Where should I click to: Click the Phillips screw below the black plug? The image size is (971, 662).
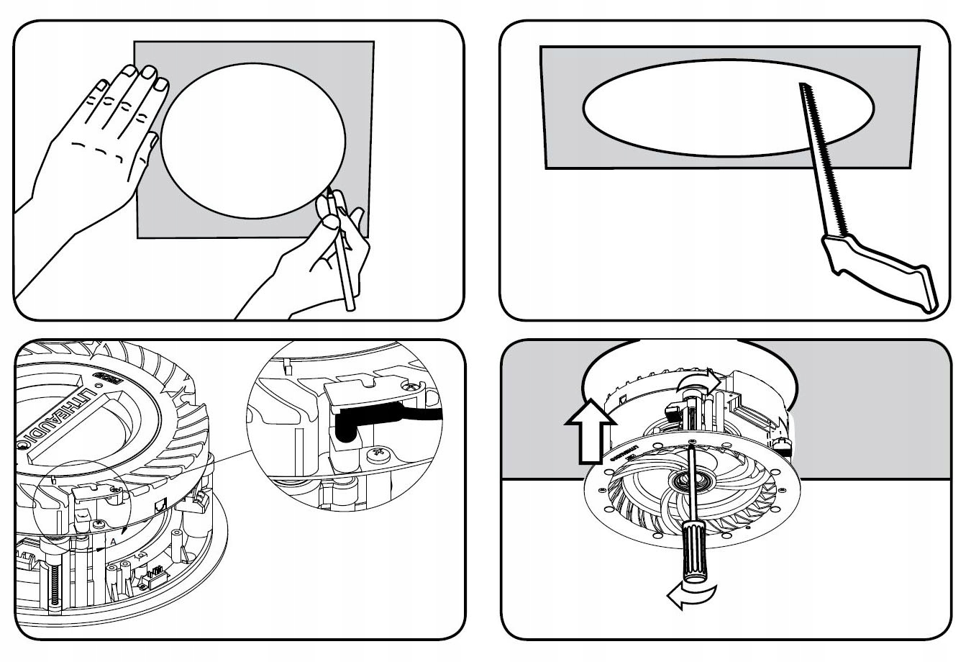click(378, 455)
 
